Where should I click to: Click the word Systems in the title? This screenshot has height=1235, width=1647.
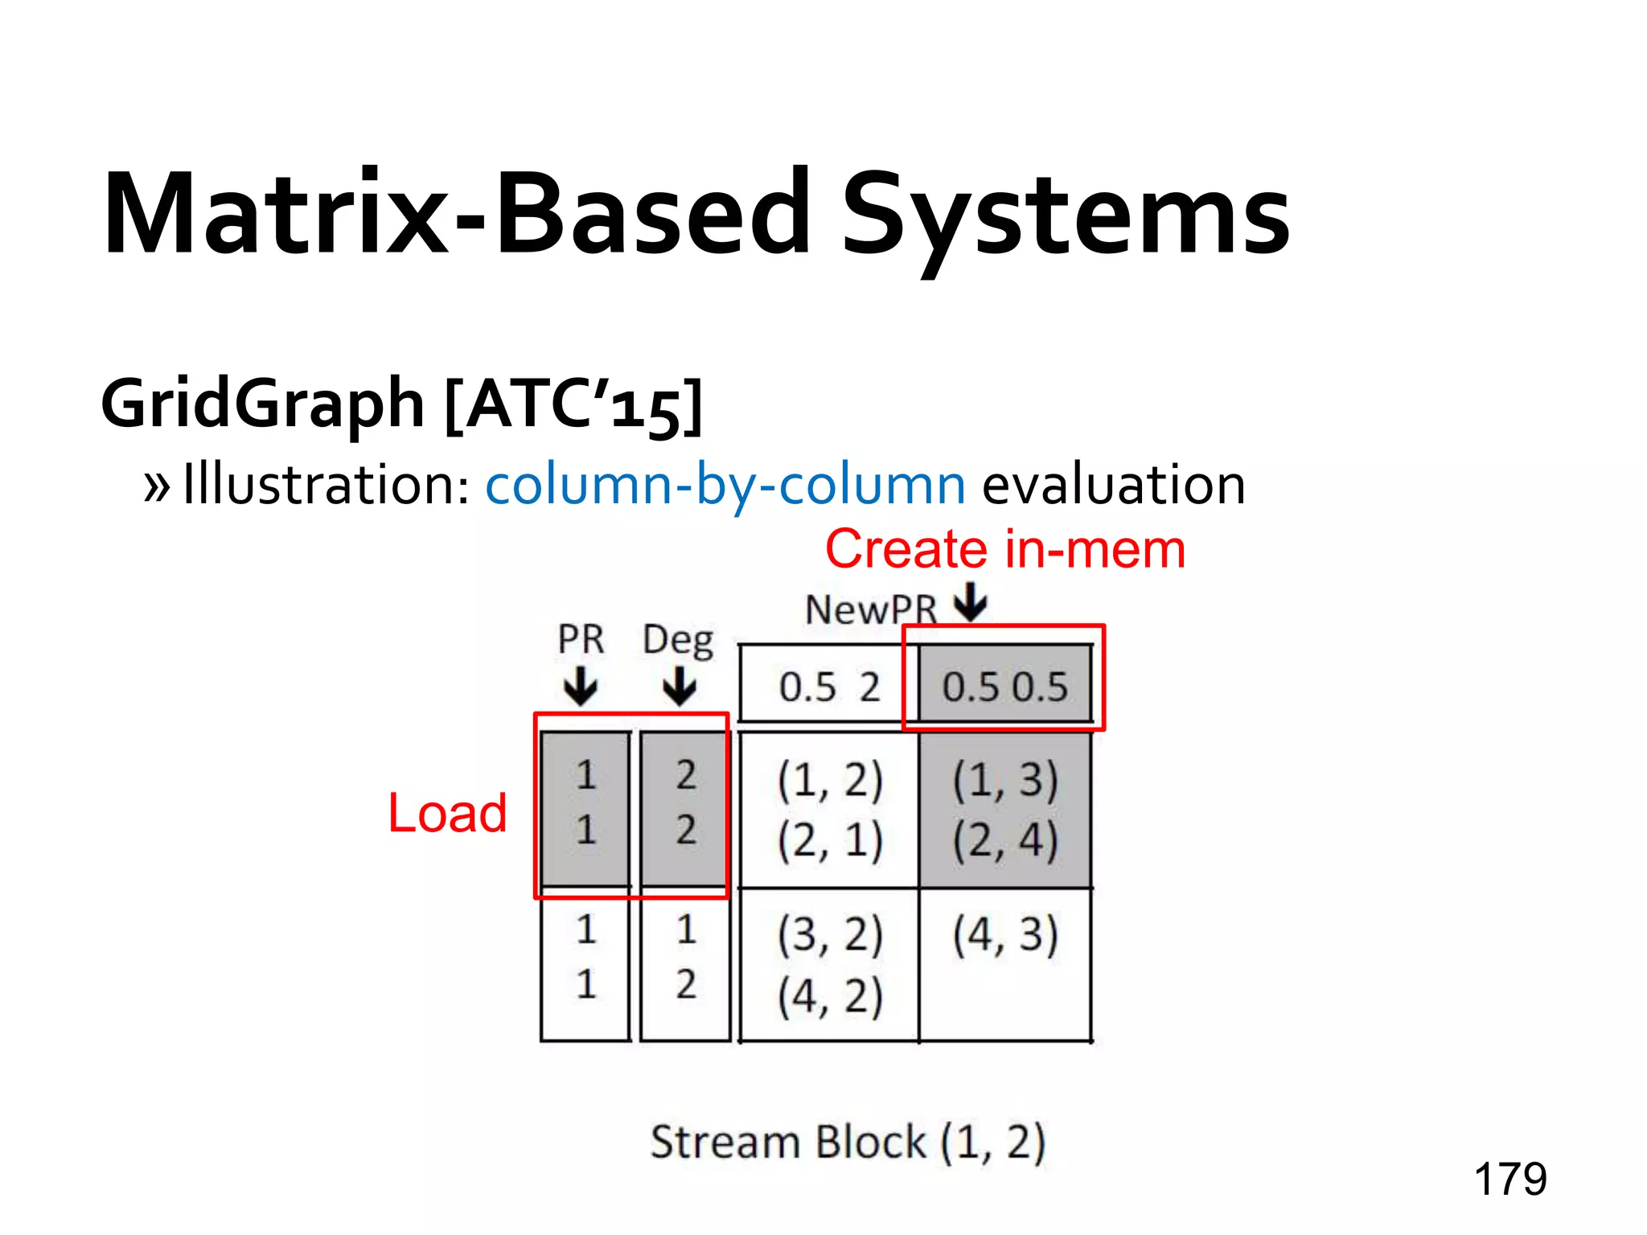(1065, 215)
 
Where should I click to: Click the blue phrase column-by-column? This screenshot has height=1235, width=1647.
(725, 485)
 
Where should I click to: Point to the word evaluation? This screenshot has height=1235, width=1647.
(1114, 485)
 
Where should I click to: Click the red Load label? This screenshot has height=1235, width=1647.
(447, 813)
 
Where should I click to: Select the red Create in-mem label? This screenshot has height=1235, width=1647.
(1005, 550)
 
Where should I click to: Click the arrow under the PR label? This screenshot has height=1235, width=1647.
(581, 688)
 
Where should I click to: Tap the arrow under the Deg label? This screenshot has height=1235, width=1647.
(680, 688)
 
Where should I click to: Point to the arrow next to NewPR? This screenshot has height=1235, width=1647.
(971, 602)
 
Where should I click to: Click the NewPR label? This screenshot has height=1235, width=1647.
(871, 610)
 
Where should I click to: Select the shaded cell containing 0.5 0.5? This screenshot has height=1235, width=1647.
(1004, 686)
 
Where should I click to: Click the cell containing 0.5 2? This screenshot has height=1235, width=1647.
(828, 686)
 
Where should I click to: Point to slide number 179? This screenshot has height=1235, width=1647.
(1509, 1180)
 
